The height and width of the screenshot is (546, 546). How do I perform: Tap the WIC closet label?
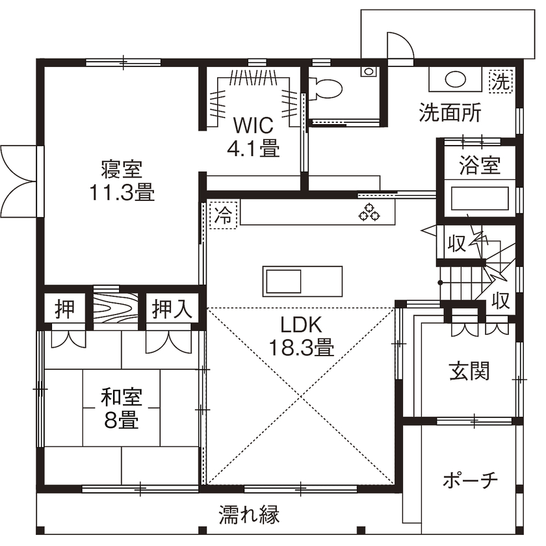coord(253,124)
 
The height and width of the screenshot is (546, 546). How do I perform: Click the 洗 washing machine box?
coord(500,81)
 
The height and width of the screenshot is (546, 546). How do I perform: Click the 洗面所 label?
coord(450,114)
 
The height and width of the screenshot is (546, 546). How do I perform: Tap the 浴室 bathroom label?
coord(480,165)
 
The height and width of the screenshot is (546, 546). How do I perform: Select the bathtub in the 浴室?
coord(480,198)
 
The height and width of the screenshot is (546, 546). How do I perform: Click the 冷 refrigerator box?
coord(224,214)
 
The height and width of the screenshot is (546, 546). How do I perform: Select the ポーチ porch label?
coord(470,480)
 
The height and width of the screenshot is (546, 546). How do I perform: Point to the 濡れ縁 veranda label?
coord(249,515)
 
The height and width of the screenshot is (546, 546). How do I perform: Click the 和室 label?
coord(122,396)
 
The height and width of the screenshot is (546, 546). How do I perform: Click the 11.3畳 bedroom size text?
coord(122,192)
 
